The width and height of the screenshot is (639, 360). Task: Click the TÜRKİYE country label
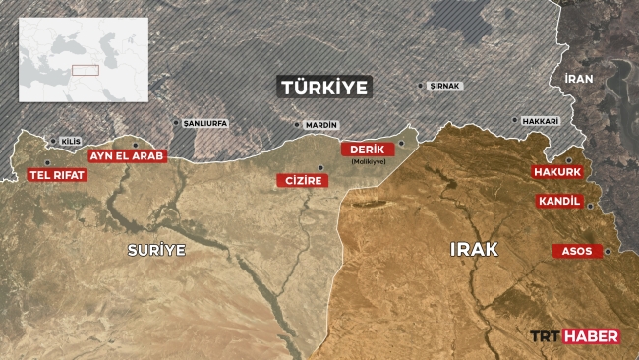(x=325, y=88)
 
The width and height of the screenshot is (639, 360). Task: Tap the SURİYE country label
(x=156, y=250)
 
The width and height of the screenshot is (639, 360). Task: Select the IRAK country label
(x=474, y=250)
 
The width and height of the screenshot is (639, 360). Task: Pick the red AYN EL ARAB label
(x=127, y=156)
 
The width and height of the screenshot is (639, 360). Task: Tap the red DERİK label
(x=366, y=149)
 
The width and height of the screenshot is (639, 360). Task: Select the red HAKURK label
(x=557, y=172)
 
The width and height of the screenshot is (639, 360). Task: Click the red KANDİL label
(x=559, y=202)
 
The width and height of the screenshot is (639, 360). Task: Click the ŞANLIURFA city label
(x=203, y=124)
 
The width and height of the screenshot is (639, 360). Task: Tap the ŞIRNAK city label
(x=445, y=86)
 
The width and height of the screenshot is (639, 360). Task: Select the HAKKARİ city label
(x=540, y=121)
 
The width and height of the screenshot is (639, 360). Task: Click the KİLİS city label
(x=70, y=142)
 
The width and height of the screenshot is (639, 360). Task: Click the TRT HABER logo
(x=575, y=336)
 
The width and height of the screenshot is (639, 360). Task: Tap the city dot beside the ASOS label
(x=608, y=251)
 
